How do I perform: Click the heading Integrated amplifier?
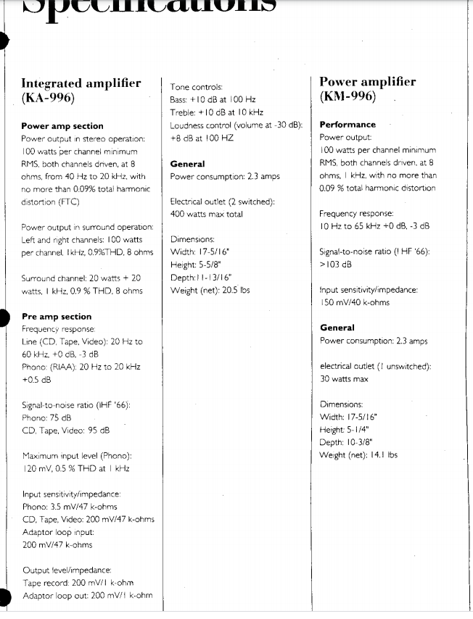tap(81, 83)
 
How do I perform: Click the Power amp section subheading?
tap(62, 126)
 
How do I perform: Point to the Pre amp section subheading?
tap(57, 317)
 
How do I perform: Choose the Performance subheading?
tap(347, 125)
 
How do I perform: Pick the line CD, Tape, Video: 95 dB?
tap(66, 430)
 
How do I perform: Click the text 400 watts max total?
tap(206, 215)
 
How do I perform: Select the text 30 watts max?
tap(344, 379)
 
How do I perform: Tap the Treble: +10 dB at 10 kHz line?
tap(211, 112)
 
